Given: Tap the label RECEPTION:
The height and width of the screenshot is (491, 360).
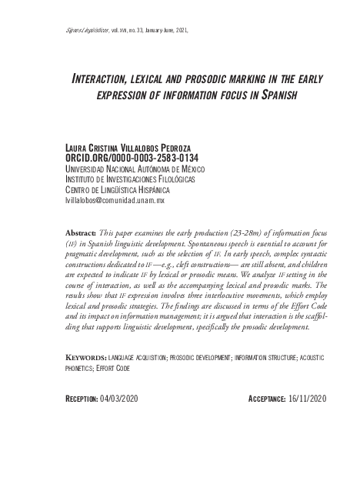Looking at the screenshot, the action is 83,399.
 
